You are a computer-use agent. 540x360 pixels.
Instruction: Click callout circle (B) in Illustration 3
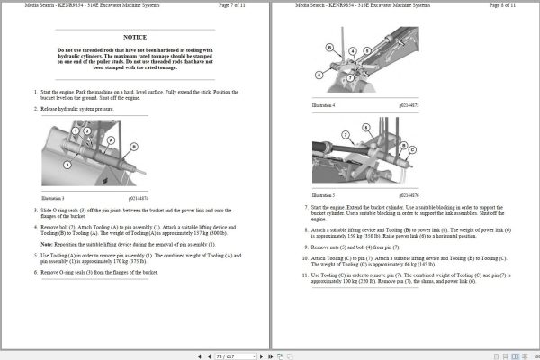133,147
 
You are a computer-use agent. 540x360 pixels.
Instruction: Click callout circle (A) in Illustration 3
112,141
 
